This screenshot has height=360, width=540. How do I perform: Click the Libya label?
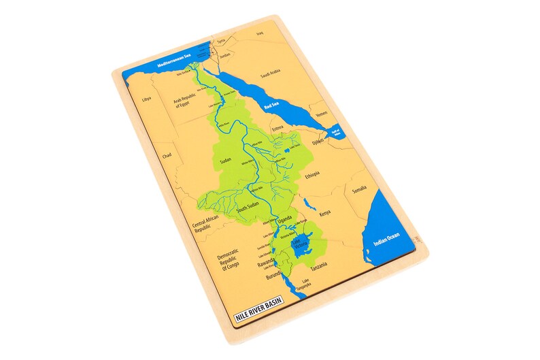tap(146, 99)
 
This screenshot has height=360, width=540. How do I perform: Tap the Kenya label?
tap(325, 213)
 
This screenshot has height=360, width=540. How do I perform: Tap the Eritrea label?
tap(277, 128)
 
